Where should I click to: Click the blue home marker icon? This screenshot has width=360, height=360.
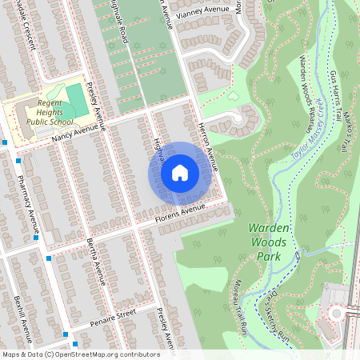180,173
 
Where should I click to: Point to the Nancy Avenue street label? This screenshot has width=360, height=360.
79,130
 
